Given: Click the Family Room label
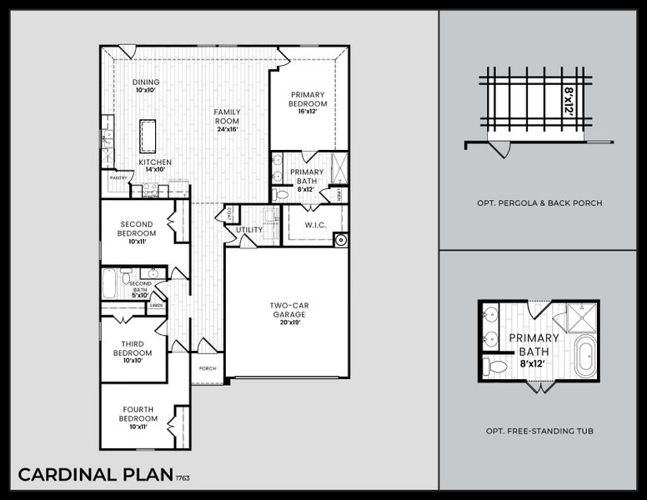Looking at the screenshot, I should tap(226, 120).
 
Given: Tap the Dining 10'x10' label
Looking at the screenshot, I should tap(146, 87).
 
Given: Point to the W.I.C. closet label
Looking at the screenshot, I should tap(313, 224).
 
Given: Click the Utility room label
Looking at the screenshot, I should tap(248, 229).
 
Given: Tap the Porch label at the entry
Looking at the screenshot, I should tap(207, 368).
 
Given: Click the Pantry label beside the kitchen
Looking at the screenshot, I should tap(116, 177).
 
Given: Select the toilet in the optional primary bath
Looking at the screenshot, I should tap(497, 366).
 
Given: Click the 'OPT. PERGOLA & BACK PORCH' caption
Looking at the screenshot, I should tap(539, 202).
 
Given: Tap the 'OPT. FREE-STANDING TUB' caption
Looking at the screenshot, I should tap(539, 431).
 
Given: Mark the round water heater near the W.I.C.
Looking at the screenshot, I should tap(339, 240).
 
